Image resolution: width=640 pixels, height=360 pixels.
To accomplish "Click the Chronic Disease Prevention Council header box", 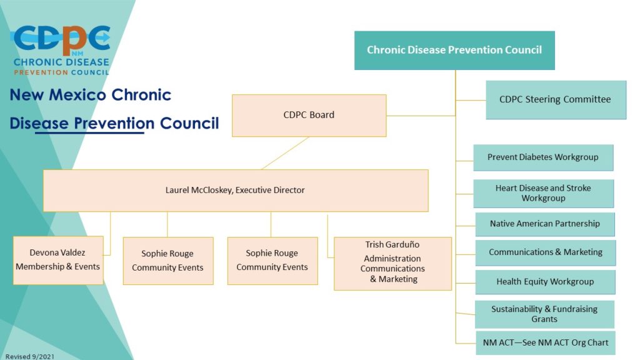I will coord(454,50).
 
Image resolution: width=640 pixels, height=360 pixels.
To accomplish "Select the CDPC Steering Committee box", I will coord(555,99).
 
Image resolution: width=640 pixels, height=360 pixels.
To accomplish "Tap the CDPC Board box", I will coord(309,115).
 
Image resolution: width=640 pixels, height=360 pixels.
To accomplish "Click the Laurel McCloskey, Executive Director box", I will coord(235,190).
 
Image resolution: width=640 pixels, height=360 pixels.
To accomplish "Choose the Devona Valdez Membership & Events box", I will coord(58,260).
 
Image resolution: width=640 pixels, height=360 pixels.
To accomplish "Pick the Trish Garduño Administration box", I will coord(392,263).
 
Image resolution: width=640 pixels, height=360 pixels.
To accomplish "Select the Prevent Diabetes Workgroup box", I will coord(542,157).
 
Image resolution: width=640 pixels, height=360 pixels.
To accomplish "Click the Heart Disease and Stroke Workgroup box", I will coord(542,193).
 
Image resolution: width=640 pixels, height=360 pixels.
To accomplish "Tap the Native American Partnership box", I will coord(544,224).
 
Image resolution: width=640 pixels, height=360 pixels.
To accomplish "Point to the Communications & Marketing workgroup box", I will coord(545,252).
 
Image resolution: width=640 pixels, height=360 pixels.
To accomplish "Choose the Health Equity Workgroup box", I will coord(545,282).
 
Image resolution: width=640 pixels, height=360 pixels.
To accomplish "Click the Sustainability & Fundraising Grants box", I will coord(544,314).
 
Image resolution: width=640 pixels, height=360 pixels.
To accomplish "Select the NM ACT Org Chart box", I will coord(545,343).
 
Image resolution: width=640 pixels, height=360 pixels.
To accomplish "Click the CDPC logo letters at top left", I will coord(61,39).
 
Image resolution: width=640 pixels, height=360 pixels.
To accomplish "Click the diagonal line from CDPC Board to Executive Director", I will coord(285,153).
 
